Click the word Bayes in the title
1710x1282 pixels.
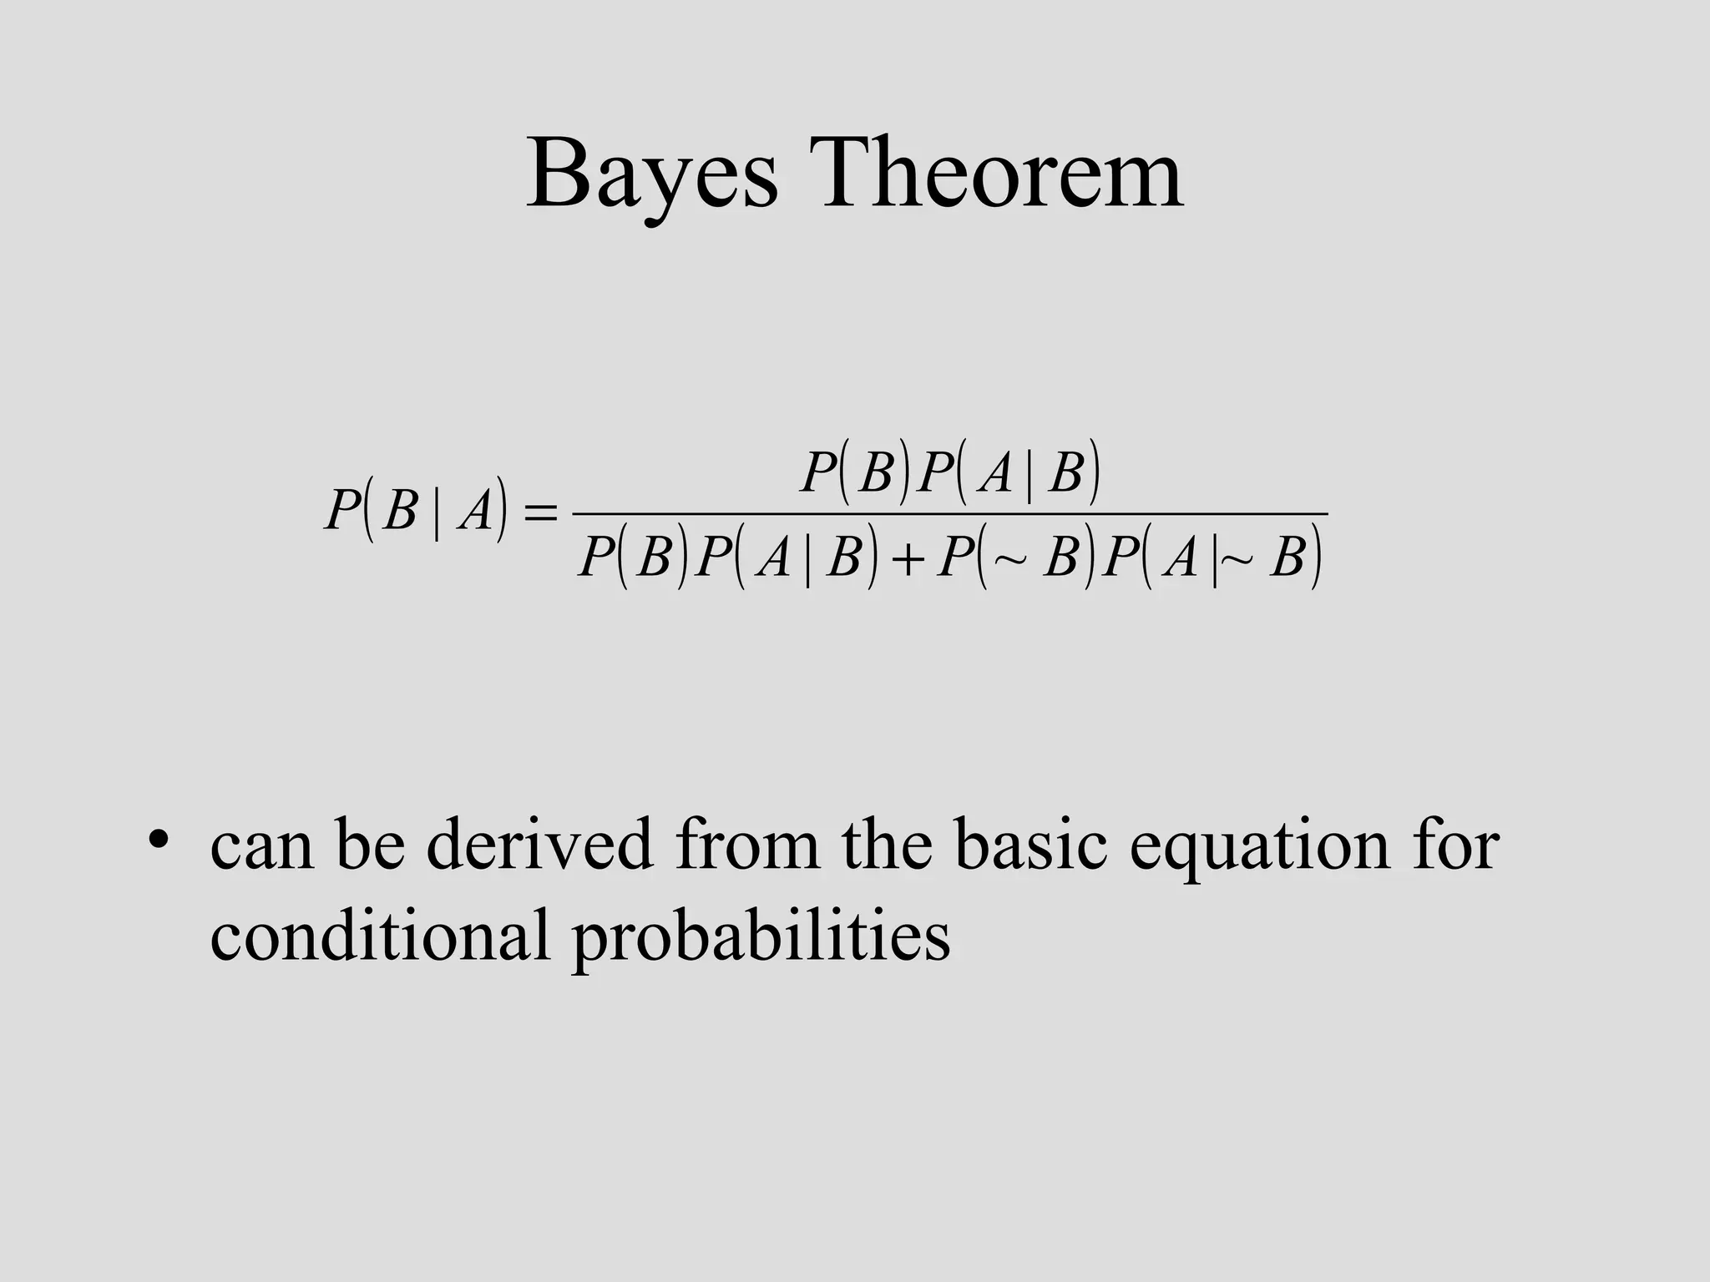coord(652,177)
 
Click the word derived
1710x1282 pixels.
coord(539,845)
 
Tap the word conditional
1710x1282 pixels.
coord(380,934)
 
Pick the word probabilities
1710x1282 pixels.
coord(761,937)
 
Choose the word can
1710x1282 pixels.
coord(262,848)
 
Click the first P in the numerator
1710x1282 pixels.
coord(818,473)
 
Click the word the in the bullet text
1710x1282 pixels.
coord(886,845)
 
